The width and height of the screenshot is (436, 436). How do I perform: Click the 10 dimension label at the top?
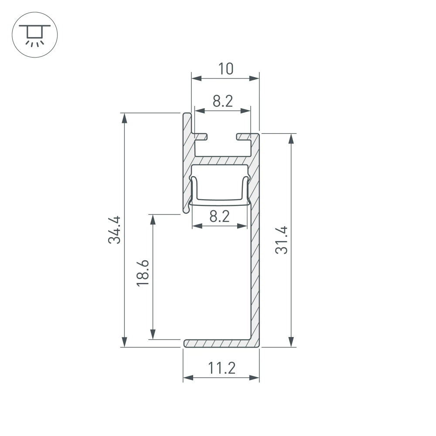[226, 69]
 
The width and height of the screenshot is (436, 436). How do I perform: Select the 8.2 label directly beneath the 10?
[223, 102]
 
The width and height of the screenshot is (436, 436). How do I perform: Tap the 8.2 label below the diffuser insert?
[219, 216]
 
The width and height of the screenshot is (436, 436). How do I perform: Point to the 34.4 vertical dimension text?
[115, 229]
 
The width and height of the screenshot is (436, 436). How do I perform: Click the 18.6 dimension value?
[143, 273]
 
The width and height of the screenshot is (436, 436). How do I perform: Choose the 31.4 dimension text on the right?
[282, 240]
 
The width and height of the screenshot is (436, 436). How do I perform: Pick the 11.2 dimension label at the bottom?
[221, 369]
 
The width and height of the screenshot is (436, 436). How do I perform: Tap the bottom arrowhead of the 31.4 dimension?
[291, 342]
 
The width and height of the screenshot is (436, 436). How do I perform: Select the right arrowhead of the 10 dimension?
[255, 78]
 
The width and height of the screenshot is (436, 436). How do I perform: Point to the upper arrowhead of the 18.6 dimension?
[152, 219]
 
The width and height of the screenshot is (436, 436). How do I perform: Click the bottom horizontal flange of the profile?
[218, 343]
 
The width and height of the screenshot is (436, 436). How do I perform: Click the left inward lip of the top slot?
[201, 137]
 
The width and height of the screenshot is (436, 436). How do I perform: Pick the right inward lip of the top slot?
[244, 137]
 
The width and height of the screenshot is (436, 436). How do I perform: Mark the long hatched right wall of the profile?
[255, 244]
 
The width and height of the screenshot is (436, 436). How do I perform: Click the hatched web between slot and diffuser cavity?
[222, 160]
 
